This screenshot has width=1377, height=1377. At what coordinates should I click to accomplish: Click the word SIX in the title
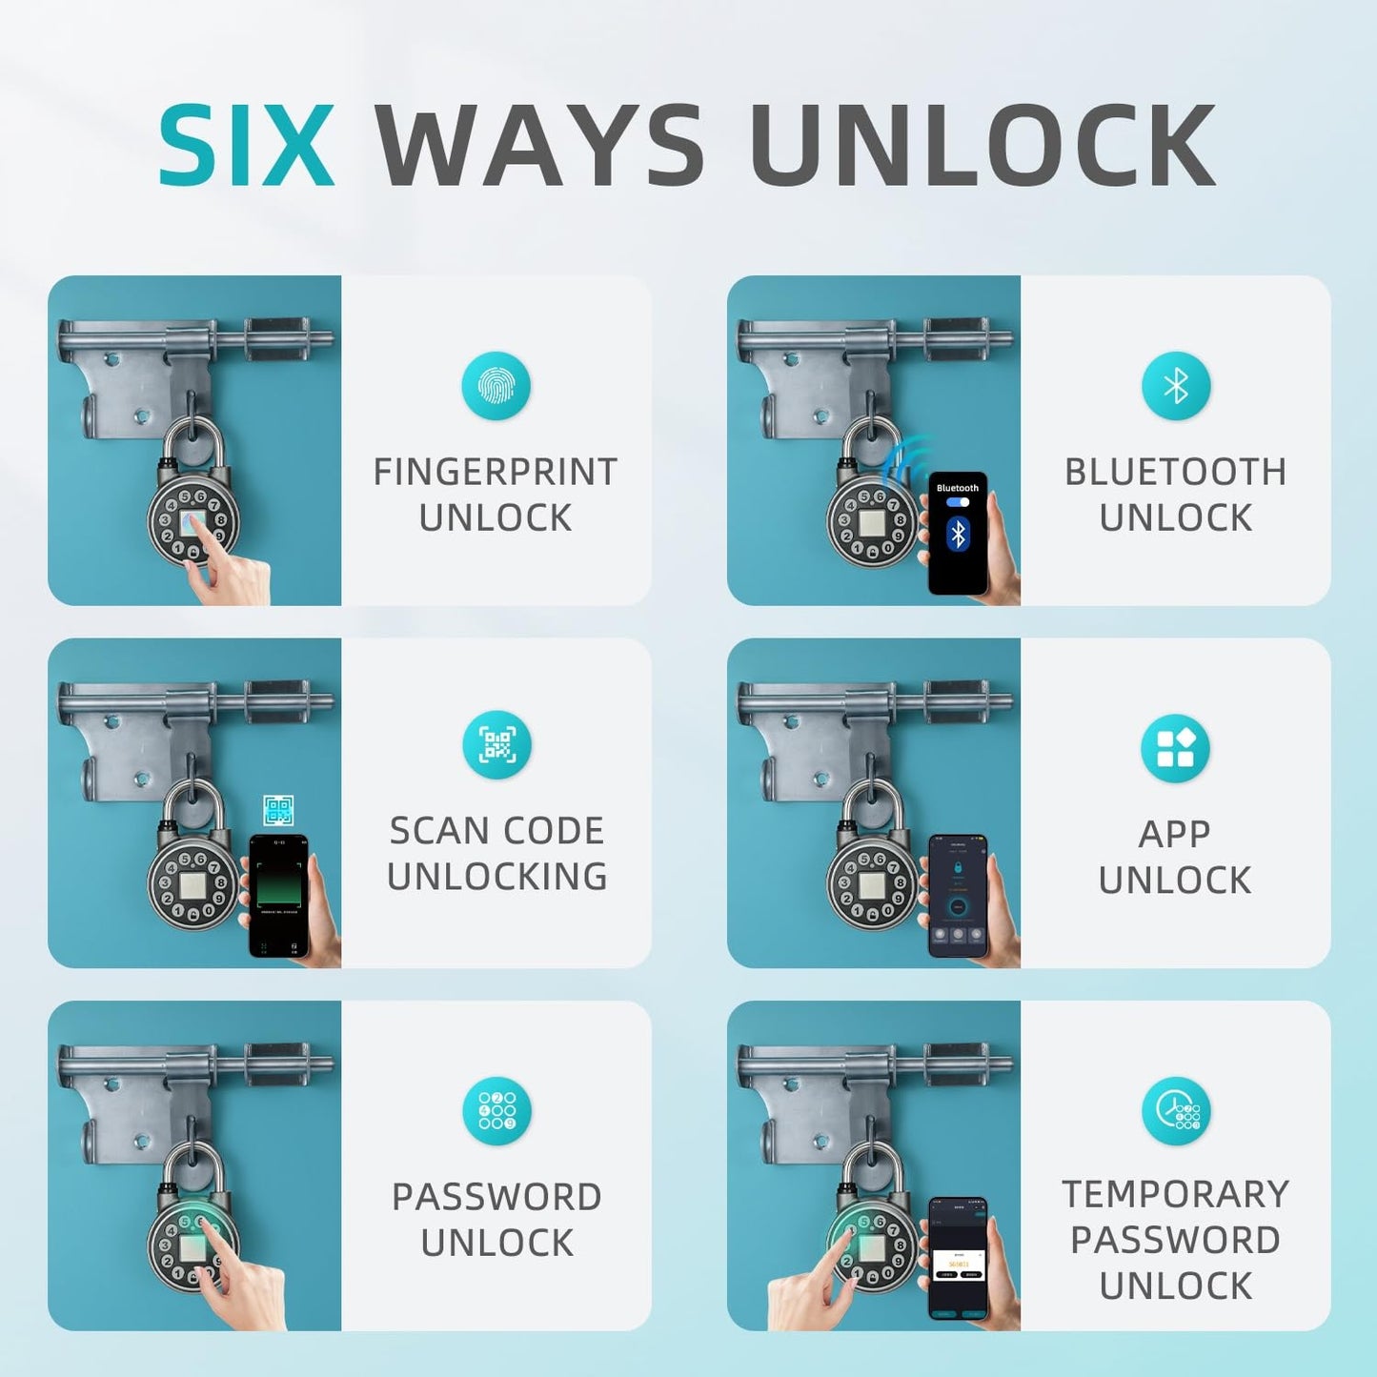pyautogui.click(x=246, y=146)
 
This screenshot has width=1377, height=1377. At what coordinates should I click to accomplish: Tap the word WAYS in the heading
pyautogui.click(x=539, y=146)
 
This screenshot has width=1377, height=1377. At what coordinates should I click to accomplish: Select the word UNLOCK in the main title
pyautogui.click(x=982, y=146)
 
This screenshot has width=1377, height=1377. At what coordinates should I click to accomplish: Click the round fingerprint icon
pyautogui.click(x=496, y=386)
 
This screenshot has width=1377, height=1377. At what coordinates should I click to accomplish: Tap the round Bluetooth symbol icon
pyautogui.click(x=1176, y=386)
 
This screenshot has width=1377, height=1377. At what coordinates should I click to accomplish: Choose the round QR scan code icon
pyautogui.click(x=496, y=744)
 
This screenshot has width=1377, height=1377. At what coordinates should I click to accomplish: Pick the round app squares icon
pyautogui.click(x=1175, y=748)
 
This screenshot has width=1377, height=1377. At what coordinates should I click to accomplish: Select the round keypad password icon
pyautogui.click(x=496, y=1111)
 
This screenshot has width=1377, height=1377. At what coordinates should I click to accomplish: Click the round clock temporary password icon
pyautogui.click(x=1176, y=1111)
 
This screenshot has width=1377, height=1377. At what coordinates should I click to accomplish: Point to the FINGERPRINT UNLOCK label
pyautogui.click(x=496, y=495)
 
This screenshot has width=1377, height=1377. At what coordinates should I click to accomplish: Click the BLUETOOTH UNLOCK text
pyautogui.click(x=1175, y=495)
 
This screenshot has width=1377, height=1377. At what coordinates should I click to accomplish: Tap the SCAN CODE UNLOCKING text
pyautogui.click(x=496, y=853)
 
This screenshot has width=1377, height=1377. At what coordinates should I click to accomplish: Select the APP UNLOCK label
pyautogui.click(x=1175, y=857)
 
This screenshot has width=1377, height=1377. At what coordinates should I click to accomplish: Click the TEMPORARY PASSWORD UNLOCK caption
pyautogui.click(x=1175, y=1239)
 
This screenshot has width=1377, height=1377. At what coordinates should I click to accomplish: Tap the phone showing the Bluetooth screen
pyautogui.click(x=958, y=534)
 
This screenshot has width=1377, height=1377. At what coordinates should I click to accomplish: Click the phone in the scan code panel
pyautogui.click(x=278, y=896)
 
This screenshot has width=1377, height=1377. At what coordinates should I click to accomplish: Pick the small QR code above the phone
pyautogui.click(x=278, y=811)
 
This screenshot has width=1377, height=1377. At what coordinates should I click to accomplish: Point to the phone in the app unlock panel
pyautogui.click(x=958, y=896)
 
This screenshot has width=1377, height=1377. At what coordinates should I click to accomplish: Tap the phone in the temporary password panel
pyautogui.click(x=958, y=1258)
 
